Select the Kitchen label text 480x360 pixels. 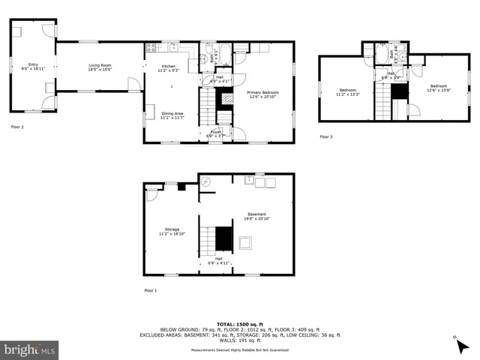pos(169,68)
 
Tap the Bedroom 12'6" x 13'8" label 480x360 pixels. pos(437,88)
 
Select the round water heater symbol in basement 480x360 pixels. pos(207,181)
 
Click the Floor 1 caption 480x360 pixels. pos(151,290)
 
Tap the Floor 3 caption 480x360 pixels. pos(326,136)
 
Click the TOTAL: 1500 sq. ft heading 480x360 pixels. pos(239,319)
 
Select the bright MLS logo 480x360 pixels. pos(30,349)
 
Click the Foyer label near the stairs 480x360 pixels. pos(216,133)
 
